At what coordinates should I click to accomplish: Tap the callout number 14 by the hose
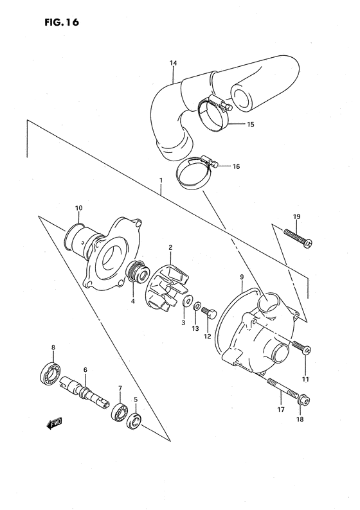[173, 63]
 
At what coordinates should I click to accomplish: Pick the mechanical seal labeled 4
[136, 271]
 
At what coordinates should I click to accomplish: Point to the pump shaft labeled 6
[84, 390]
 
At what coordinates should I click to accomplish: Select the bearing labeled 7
[119, 412]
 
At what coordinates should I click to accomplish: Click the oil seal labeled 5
[136, 422]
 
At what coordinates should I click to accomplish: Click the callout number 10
[78, 208]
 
